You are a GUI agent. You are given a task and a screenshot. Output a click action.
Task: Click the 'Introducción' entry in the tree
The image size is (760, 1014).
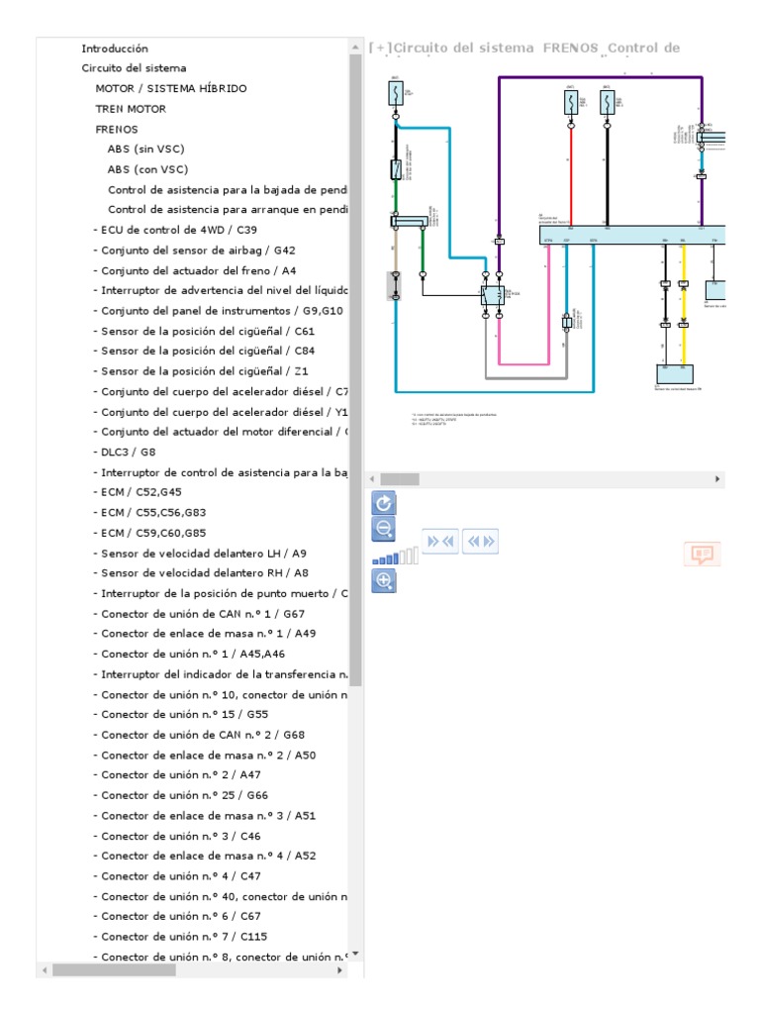pos(115,48)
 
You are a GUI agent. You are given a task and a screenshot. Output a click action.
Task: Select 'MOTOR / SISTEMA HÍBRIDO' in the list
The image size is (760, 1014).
pos(171,88)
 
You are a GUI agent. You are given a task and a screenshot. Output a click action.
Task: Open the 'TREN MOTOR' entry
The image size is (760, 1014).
pos(131,109)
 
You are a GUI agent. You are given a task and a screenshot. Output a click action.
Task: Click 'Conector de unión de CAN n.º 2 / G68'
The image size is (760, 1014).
pos(203,735)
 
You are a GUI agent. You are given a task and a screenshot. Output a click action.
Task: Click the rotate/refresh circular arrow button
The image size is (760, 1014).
pos(383,503)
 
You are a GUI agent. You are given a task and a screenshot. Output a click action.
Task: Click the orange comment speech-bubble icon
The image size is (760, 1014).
pos(703,554)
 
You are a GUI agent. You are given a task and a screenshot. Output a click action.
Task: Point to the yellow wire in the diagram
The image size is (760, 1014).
pos(683,317)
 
